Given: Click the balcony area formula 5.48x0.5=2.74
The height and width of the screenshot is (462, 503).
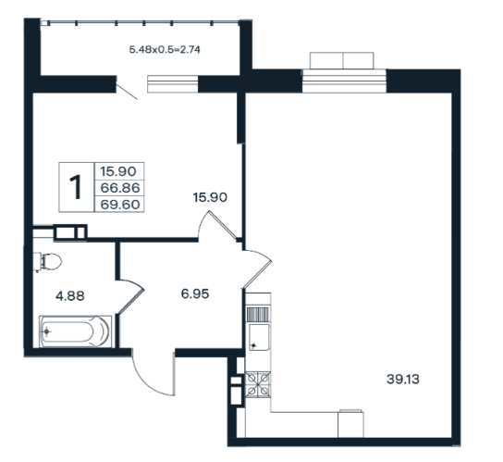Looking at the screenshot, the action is coord(165,50).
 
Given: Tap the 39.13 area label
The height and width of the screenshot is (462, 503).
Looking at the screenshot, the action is coord(403,380).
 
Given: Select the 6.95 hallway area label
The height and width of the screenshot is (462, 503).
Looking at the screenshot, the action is coord(195,293).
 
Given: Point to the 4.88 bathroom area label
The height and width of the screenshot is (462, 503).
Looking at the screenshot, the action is coord(70,296).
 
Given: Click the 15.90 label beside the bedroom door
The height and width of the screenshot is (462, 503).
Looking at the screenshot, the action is coord(210,197).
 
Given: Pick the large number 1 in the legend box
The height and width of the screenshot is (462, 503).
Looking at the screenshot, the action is coord(76,187).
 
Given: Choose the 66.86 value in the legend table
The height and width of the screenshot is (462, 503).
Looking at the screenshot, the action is coord(120,188).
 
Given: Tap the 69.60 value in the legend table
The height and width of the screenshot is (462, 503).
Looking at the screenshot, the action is coord(120,205).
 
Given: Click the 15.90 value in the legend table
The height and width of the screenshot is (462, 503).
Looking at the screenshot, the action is coord(118,171).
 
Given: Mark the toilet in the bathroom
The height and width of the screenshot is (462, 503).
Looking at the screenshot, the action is coord(47,261).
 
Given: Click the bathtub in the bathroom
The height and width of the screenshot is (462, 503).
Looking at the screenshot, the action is coord(75,331).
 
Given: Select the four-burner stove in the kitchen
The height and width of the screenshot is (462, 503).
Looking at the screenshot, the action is coord(258,384).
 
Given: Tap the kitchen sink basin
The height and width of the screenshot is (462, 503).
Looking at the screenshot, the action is coord(259,337).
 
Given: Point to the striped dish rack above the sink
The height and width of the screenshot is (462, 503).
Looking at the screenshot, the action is coord(258,314).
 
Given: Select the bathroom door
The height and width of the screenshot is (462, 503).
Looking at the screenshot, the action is coord(131,296).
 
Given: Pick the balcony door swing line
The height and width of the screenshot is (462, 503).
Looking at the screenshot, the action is coord(127,92).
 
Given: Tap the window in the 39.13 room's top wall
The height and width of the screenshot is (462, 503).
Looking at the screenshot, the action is coord(344,81).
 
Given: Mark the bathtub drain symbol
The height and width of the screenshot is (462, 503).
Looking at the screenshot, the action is coord(47,331).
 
